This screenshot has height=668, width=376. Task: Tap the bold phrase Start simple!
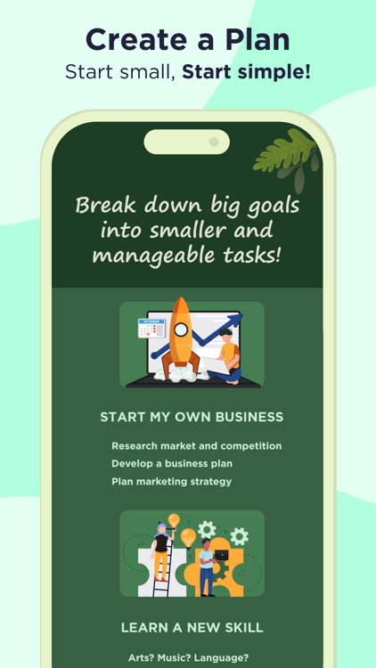[x=247, y=72]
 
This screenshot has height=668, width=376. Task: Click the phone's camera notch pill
[x=186, y=142]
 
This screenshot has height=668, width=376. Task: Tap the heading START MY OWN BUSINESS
[x=192, y=417]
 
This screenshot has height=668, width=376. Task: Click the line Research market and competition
[x=196, y=445]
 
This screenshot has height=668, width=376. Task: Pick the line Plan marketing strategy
[x=171, y=481]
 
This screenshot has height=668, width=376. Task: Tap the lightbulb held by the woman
[x=174, y=520]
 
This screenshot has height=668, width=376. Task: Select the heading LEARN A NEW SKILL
[x=192, y=628]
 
